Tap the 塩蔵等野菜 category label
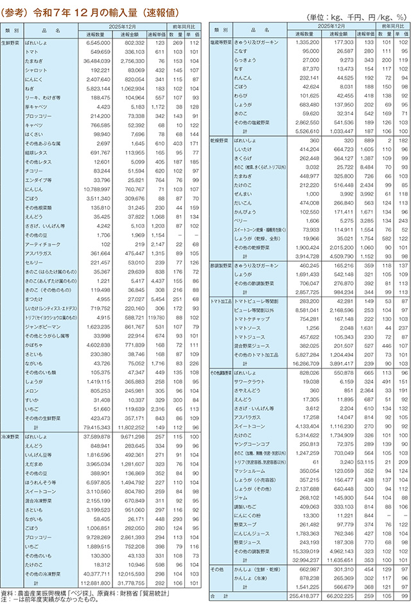(x=221, y=40)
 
